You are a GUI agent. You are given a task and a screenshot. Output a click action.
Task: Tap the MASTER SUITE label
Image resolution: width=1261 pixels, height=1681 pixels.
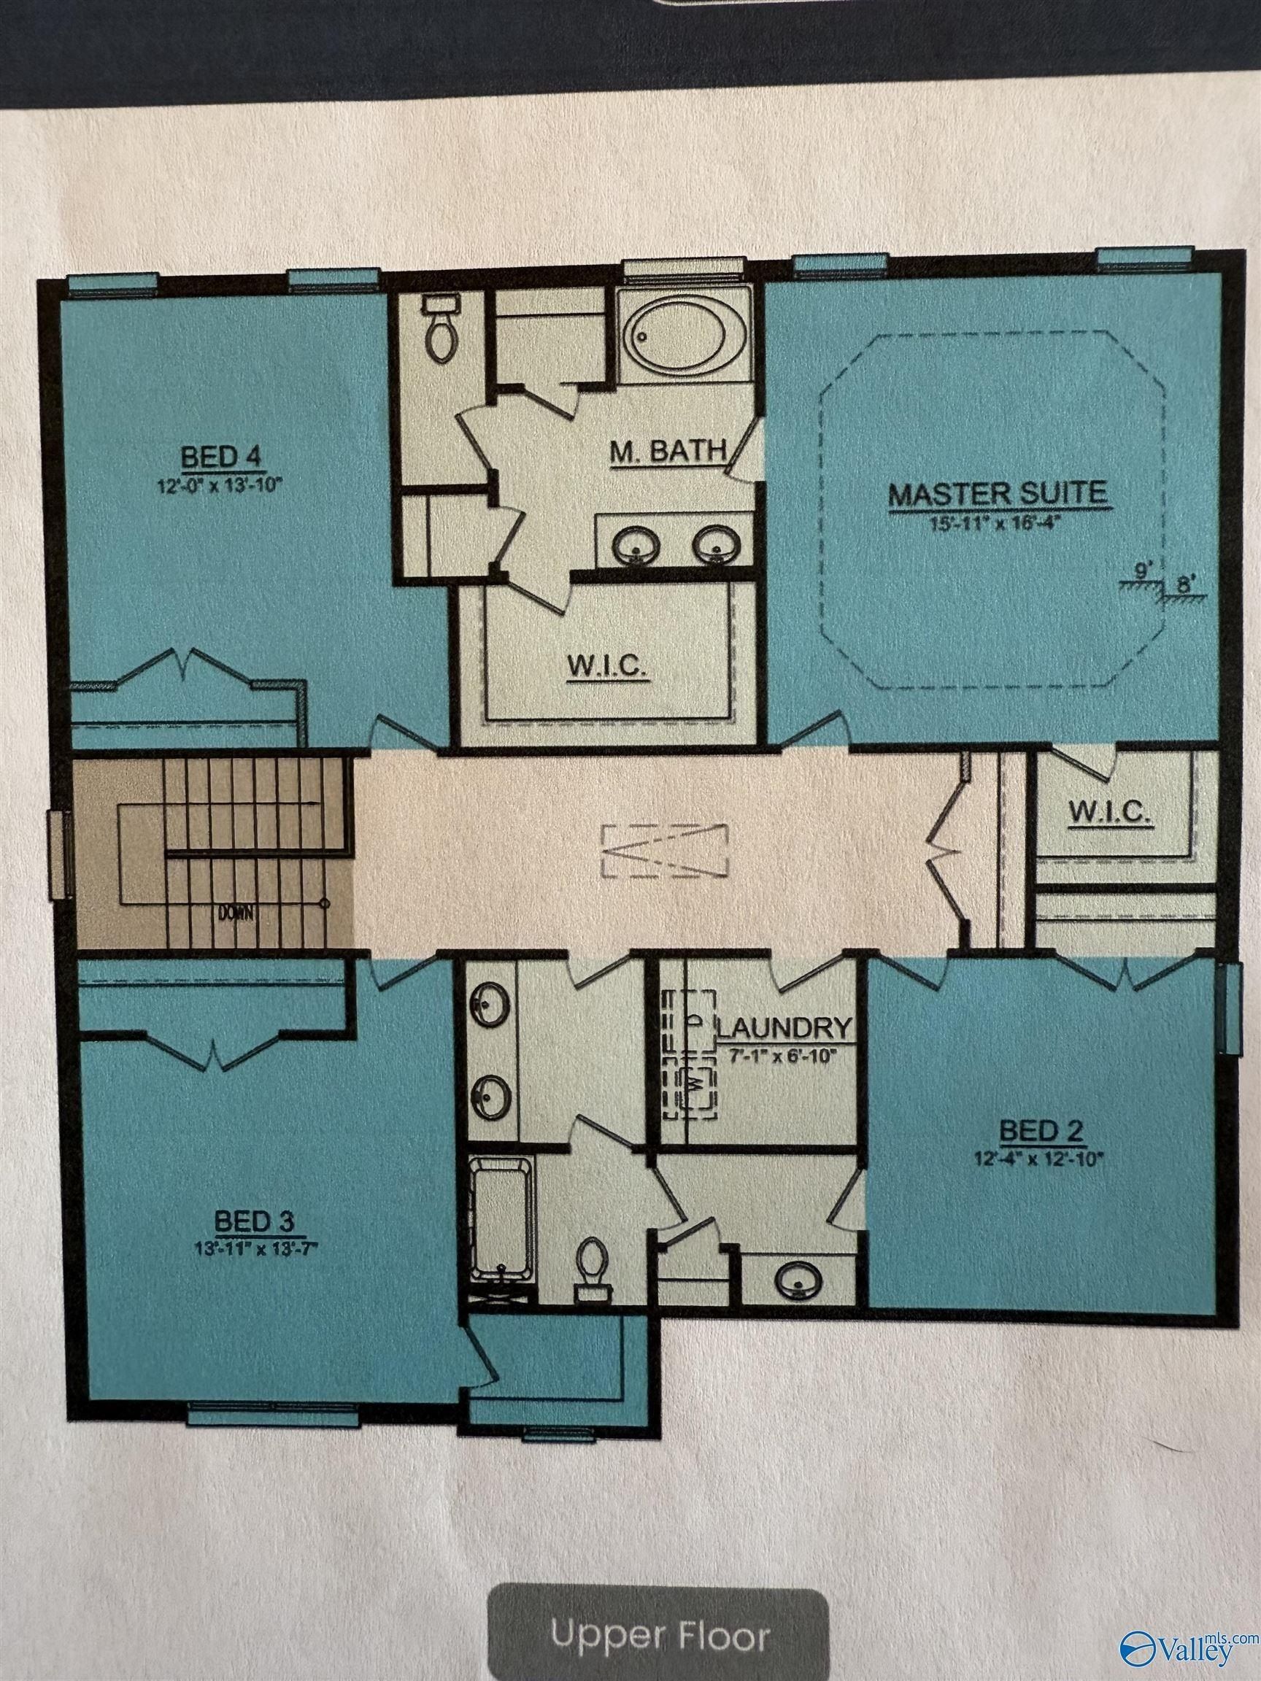[x=998, y=494]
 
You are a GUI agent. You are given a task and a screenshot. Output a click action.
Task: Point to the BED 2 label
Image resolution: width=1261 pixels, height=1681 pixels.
[x=1041, y=1152]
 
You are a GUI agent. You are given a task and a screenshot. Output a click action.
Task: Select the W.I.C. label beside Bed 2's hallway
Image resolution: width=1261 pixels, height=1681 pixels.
[x=1111, y=814]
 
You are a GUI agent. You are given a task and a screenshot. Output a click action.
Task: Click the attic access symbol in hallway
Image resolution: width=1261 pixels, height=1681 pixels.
[x=664, y=851]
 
